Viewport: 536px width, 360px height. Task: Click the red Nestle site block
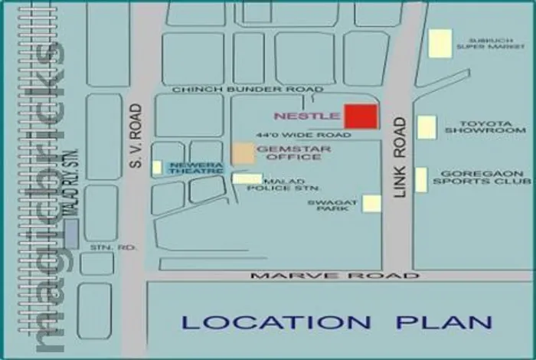360,116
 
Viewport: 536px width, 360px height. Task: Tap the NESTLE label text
307,116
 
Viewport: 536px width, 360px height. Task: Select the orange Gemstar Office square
243,152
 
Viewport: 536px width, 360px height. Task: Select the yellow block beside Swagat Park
371,203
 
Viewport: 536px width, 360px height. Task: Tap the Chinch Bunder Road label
237,90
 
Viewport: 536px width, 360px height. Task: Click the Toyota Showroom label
484,127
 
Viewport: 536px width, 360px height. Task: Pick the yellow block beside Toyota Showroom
427,127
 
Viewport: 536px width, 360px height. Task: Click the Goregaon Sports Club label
482,178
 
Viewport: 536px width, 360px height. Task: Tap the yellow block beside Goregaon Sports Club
421,179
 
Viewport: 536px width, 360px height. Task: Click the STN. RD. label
101,248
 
